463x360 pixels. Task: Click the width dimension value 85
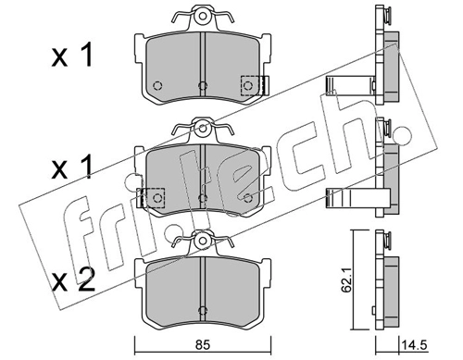pos(203,345)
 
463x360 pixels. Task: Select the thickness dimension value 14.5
pos(414,344)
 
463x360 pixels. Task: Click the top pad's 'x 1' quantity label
pos(72,56)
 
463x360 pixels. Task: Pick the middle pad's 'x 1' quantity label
pos(72,168)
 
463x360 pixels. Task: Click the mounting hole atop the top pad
pos(202,16)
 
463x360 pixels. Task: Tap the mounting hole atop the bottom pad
pos(202,241)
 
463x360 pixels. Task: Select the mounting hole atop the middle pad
pos(202,128)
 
